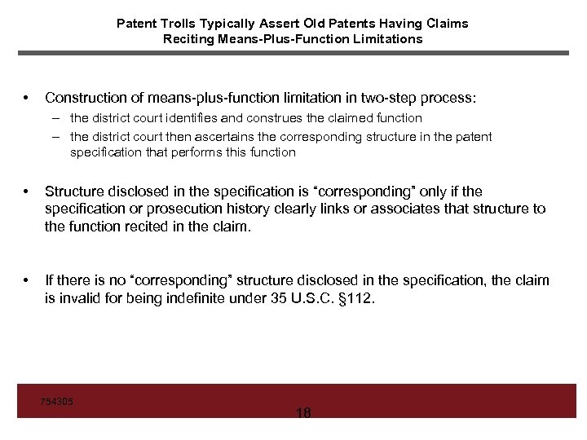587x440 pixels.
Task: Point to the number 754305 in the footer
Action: (56, 401)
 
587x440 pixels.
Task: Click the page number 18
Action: (303, 412)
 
